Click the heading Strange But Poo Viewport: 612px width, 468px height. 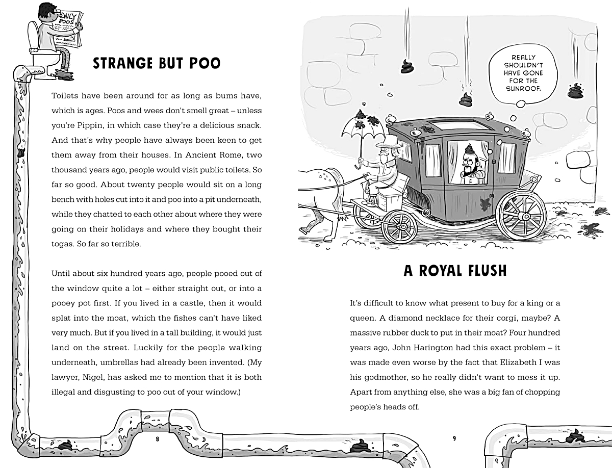click(157, 63)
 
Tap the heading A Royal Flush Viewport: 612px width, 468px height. click(455, 270)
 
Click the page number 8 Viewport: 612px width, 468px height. click(158, 438)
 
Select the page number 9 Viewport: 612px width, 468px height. click(454, 438)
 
